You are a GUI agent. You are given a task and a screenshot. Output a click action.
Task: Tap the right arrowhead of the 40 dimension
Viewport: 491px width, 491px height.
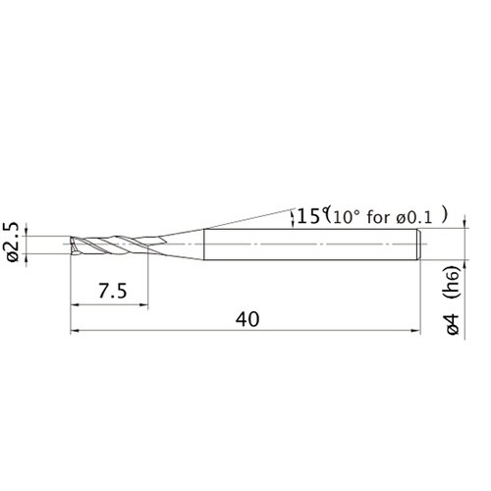tap(418, 331)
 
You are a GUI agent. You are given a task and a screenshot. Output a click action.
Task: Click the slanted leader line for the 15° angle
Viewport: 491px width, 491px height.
tap(245, 220)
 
